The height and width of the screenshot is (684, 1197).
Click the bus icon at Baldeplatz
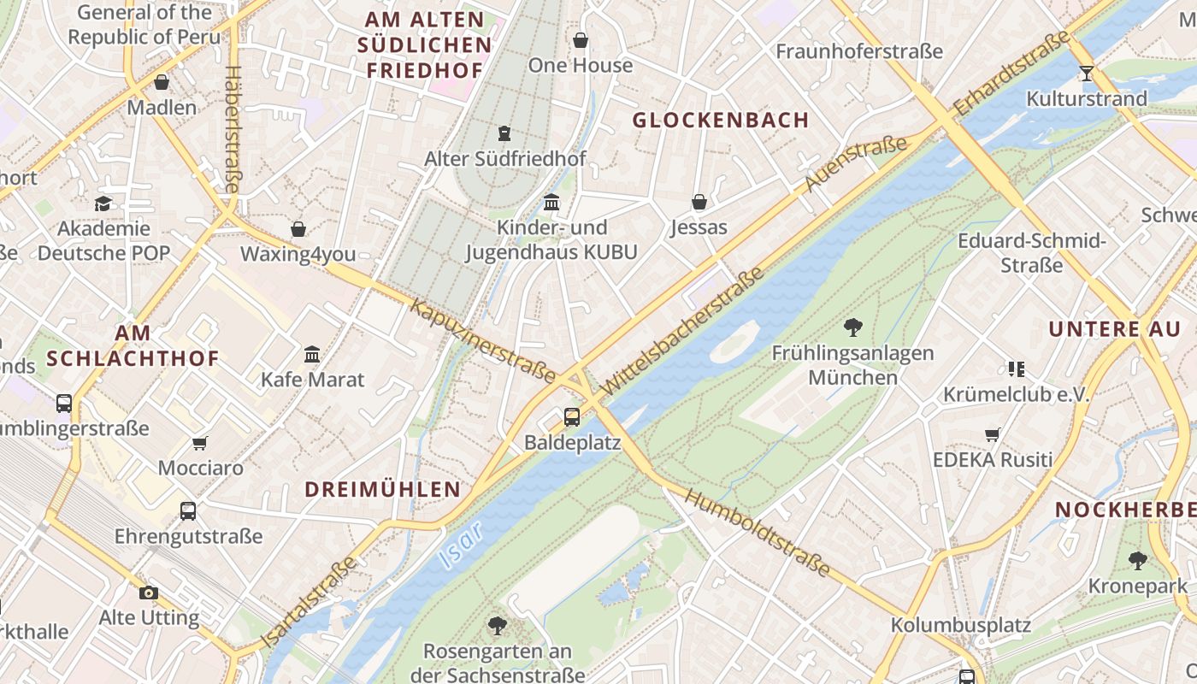click(572, 417)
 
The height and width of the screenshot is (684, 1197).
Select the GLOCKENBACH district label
click(720, 121)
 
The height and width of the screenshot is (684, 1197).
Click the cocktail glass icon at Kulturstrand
click(1086, 74)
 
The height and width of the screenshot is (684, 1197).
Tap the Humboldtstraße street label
click(758, 533)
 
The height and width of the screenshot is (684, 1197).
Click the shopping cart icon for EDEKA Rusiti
click(992, 434)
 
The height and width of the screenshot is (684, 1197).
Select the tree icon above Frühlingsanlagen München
click(852, 326)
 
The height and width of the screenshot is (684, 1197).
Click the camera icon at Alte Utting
click(149, 592)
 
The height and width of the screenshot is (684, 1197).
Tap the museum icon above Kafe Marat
click(312, 354)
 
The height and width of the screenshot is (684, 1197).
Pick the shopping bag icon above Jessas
click(699, 202)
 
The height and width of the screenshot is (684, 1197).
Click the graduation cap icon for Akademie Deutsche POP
click(103, 203)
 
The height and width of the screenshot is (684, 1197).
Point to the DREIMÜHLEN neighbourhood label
click(383, 489)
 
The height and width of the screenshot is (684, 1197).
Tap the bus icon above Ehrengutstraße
click(188, 511)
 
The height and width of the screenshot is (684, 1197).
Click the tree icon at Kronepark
click(1137, 561)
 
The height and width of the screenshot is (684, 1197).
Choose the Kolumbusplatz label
click(960, 625)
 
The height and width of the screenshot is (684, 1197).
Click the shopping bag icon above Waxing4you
click(298, 229)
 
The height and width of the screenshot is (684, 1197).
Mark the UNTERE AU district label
click(1114, 329)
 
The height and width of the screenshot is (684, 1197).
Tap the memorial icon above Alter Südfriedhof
click(504, 133)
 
